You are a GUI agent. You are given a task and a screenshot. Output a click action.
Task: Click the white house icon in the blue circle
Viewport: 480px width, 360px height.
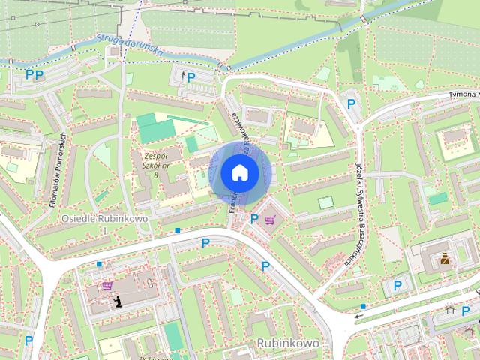point(240,172)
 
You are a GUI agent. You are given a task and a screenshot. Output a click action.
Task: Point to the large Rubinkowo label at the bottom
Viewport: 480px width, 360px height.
point(288,342)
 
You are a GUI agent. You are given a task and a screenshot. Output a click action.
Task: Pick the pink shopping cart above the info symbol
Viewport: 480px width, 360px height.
point(107,285)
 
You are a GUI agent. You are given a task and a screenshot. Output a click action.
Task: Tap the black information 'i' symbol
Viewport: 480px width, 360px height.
point(118,301)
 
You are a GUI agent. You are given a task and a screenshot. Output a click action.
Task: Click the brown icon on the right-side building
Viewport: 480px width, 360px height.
point(445,259)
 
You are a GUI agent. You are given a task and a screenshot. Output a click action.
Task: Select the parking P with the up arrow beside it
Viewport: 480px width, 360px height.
point(190,76)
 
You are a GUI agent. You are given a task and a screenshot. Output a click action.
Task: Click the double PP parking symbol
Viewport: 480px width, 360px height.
point(34,74)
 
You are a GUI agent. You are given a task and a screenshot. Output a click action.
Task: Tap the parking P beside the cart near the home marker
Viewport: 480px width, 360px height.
point(254,219)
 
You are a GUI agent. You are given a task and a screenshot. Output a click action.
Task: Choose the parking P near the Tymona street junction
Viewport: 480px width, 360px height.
point(350,104)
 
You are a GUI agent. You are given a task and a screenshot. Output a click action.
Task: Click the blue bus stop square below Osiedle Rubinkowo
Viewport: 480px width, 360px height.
point(177,230)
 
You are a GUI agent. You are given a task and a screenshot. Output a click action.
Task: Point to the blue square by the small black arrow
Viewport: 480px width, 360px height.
point(363,306)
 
